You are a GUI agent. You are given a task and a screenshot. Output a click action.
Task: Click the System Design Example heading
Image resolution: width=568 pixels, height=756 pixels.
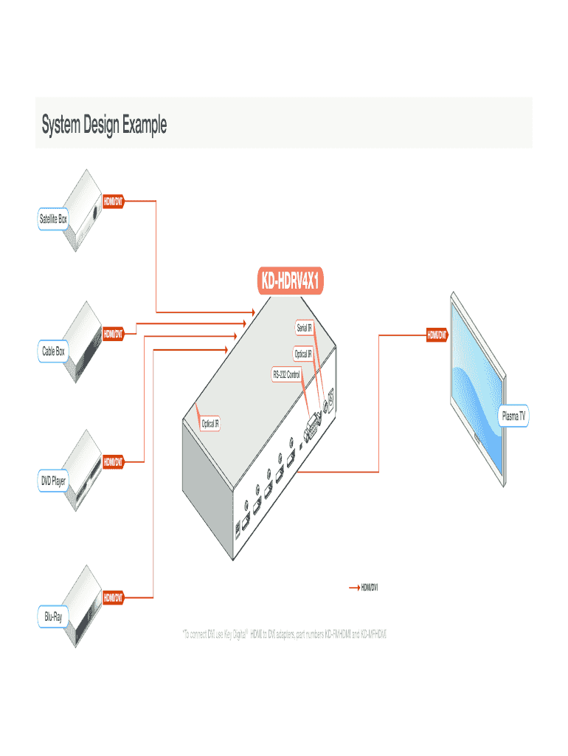tap(104, 125)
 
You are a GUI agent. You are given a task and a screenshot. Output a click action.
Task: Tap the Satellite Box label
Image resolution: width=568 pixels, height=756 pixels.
tap(53, 219)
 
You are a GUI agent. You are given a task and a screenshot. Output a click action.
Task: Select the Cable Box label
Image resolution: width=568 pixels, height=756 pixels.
tap(53, 351)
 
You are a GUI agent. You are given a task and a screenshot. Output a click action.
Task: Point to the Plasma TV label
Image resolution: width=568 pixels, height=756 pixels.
tap(513, 416)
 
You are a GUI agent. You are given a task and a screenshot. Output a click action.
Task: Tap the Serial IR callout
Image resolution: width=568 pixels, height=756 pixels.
tap(303, 327)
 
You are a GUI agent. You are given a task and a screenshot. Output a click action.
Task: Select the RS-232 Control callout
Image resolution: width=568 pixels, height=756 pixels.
tap(286, 375)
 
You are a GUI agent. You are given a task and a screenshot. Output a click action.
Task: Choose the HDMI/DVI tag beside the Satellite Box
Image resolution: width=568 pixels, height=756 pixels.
tap(113, 200)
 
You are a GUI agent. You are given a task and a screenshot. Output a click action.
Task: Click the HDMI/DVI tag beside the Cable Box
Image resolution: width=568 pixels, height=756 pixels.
tap(113, 333)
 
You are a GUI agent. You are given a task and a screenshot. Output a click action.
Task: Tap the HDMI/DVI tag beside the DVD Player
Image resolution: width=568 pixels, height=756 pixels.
tap(113, 462)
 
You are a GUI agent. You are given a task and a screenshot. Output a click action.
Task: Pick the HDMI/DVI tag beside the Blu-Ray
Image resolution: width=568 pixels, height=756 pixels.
tap(113, 596)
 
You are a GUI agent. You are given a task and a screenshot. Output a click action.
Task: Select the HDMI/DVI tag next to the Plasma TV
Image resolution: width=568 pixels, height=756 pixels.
tap(437, 336)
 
